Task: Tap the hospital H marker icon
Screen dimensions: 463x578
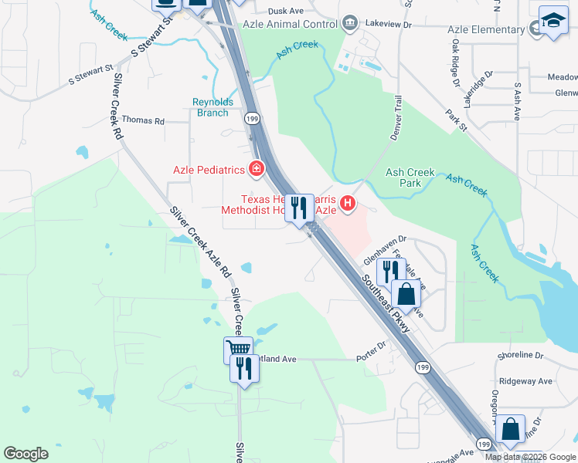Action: click(x=348, y=204)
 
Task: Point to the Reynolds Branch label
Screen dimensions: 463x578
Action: click(x=210, y=107)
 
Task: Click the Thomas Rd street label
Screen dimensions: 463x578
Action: click(x=144, y=121)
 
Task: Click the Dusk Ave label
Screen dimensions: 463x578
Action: click(x=286, y=12)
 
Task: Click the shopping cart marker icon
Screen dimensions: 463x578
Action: click(x=238, y=350)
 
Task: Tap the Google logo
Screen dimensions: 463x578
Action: click(x=25, y=454)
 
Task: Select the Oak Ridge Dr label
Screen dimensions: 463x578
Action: click(x=456, y=62)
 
